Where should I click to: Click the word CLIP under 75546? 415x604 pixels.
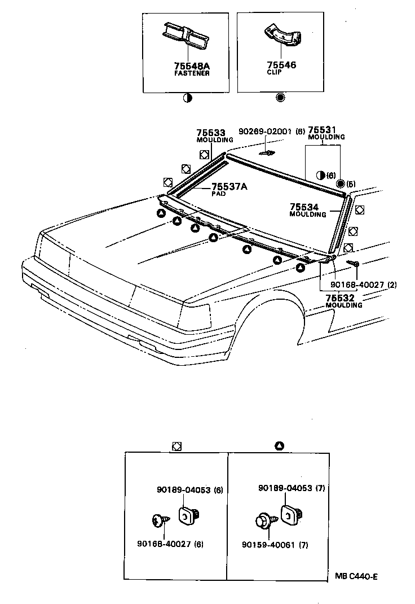point(275,72)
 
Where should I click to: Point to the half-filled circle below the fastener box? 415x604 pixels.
point(187,97)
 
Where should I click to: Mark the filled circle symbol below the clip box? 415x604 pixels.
point(280,97)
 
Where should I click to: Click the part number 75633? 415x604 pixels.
point(210,133)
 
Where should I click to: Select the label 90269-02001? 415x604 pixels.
point(264,131)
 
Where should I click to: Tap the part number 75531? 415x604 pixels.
point(323,130)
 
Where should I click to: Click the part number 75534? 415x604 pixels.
point(308,208)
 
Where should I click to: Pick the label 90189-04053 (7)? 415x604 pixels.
point(291,487)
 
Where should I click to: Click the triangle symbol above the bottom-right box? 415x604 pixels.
point(279,446)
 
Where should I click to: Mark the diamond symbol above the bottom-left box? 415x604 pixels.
point(176,446)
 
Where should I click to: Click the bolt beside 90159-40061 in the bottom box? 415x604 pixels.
point(264,519)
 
